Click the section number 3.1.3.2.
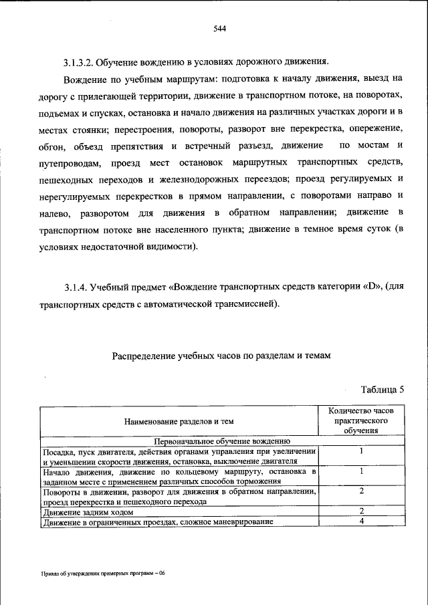coord(80,63)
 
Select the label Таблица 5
coord(383,389)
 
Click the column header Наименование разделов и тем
coord(178,421)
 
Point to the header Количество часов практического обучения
coord(361,420)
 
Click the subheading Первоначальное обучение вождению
coord(222,441)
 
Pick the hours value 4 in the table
coord(360,521)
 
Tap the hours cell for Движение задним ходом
coord(360,511)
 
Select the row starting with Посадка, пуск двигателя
coord(178,456)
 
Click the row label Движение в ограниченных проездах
coord(158,522)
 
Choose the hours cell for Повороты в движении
coord(360,491)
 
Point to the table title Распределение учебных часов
coord(221,356)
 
